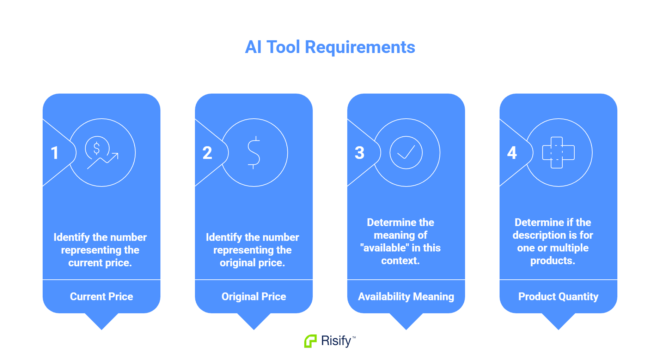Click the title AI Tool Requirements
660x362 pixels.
(330, 47)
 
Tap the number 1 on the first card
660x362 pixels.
(55, 153)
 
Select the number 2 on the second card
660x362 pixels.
(207, 153)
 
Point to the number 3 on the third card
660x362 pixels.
(359, 153)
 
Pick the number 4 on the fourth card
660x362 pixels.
(512, 153)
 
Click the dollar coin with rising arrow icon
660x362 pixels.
(101, 152)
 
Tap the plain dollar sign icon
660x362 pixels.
(253, 153)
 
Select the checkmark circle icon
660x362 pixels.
(406, 153)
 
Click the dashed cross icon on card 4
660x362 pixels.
(558, 153)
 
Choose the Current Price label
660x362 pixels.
(102, 296)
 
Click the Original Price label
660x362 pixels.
(254, 296)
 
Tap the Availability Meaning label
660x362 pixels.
(406, 296)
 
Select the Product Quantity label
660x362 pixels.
(558, 296)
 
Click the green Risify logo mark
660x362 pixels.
(310, 341)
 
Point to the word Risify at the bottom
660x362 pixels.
(336, 341)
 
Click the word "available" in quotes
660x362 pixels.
(384, 248)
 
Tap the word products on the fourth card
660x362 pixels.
(552, 261)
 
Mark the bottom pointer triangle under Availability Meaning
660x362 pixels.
(406, 321)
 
